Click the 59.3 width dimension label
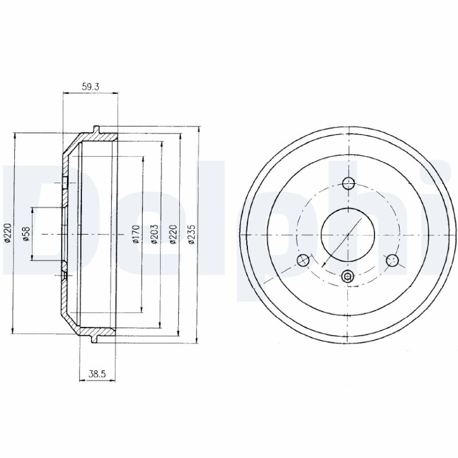tap(90, 87)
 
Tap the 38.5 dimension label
tap(97, 374)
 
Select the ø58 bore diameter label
tap(26, 234)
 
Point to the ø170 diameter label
tap(136, 234)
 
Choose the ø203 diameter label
tap(154, 234)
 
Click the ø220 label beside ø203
tap(173, 234)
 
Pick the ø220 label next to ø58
tap(7, 233)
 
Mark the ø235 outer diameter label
tap(191, 234)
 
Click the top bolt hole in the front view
tap(348, 183)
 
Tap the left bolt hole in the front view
tap(303, 260)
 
